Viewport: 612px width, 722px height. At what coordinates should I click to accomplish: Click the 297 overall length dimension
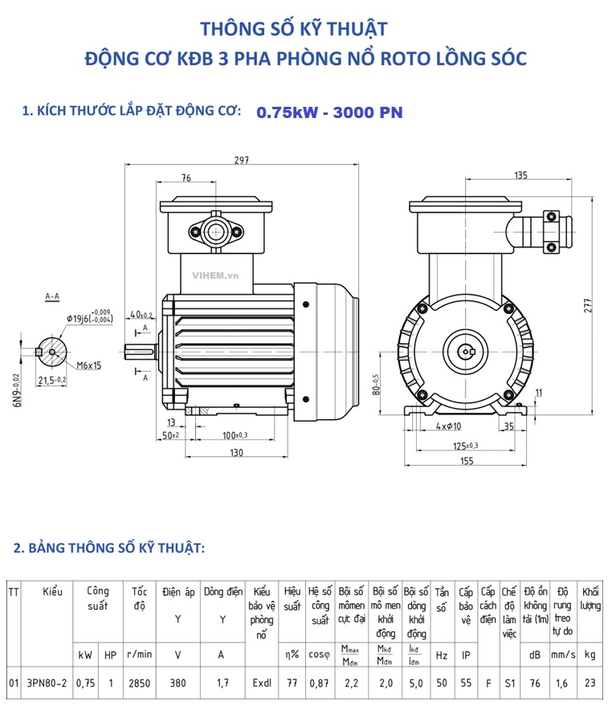point(240,160)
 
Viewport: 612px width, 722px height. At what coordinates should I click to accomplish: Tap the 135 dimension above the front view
point(520,175)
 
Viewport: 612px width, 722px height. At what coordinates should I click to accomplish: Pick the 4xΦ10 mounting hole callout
point(449,426)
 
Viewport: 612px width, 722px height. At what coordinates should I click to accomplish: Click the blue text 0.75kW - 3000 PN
point(329,113)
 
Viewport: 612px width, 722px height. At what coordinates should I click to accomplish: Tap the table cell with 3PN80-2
point(47,683)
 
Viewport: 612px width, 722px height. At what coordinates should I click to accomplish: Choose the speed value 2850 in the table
point(138,683)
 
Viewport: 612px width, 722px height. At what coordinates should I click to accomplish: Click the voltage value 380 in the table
point(177,683)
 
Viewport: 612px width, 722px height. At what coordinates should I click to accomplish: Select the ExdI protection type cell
point(261,683)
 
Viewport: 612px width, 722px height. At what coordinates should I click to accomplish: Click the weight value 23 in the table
point(590,683)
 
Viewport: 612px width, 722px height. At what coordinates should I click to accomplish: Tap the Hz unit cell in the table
point(442,655)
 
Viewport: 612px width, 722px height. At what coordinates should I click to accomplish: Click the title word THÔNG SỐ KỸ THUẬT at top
point(293,30)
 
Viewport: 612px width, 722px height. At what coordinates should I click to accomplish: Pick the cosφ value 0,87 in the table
point(320,683)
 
